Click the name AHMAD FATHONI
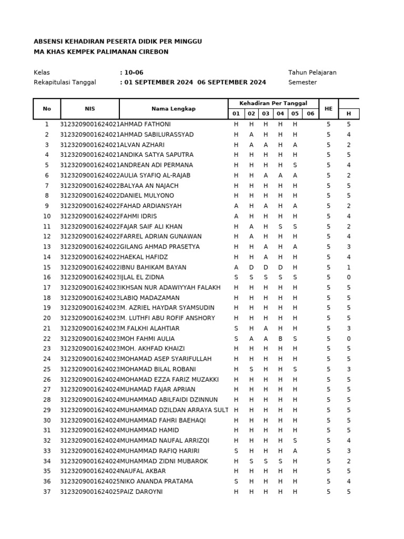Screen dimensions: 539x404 [146, 124]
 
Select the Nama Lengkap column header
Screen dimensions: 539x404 [173, 108]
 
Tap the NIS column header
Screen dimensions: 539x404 [90, 108]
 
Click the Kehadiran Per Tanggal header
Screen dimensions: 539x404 [273, 103]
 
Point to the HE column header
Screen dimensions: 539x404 [329, 108]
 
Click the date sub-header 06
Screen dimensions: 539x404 [310, 114]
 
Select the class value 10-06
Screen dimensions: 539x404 [133, 72]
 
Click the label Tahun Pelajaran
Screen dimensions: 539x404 [312, 72]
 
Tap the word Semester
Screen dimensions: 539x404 [304, 82]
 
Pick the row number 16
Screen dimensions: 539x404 [47, 277]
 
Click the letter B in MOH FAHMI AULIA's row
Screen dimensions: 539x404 [280, 338]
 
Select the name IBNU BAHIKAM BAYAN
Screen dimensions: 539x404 [153, 267]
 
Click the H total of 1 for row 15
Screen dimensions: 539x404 [348, 267]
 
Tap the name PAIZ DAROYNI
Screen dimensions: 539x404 [142, 492]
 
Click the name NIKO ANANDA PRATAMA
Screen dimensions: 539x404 [156, 481]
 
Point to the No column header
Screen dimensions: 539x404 [47, 108]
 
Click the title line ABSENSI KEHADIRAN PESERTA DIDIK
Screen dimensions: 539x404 [117, 42]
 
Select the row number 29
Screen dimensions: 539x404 [47, 410]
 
